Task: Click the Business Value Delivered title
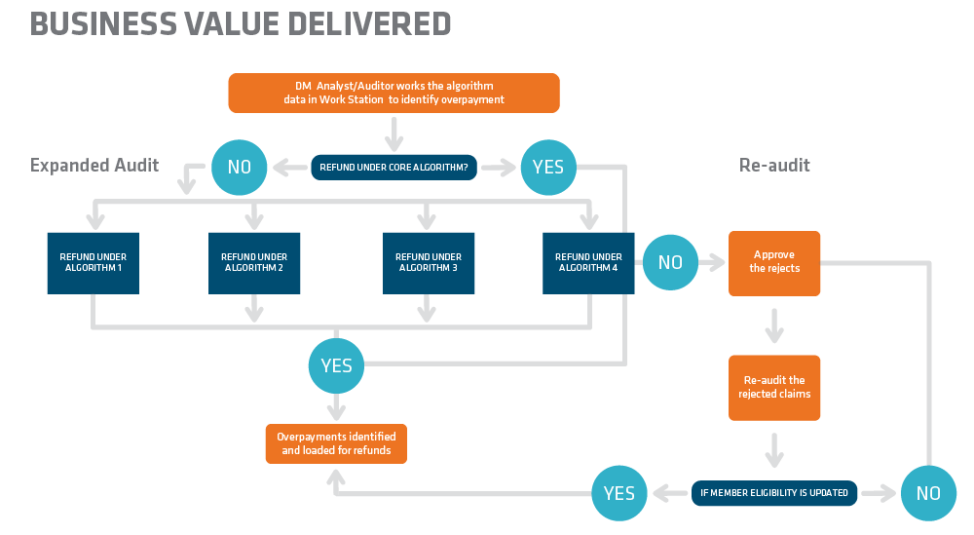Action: [x=241, y=23]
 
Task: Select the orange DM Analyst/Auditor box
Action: [x=393, y=93]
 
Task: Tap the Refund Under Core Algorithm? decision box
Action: [x=393, y=167]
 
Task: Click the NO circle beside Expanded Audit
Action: [x=239, y=167]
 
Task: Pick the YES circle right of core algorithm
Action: [x=548, y=167]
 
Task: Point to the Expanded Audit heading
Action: [x=94, y=165]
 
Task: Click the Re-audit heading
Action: [x=774, y=165]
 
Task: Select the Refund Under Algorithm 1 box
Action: [x=93, y=262]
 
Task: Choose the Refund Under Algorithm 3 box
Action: [x=428, y=262]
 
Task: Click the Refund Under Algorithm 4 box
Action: [x=588, y=262]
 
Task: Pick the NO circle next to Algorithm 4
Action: [x=670, y=262]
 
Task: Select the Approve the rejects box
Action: [x=774, y=262]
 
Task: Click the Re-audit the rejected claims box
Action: [x=774, y=387]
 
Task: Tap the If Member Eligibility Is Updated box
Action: [x=774, y=492]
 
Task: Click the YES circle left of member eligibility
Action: [x=619, y=493]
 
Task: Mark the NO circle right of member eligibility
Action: [x=928, y=493]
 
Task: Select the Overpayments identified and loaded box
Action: [x=336, y=443]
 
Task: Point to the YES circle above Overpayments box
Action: [x=336, y=366]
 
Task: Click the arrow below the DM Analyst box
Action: [x=393, y=131]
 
